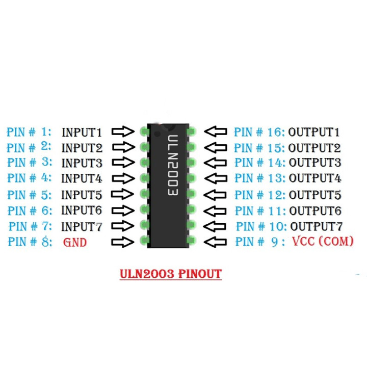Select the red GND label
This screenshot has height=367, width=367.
[x=75, y=242]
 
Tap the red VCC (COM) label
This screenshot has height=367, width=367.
[x=323, y=241]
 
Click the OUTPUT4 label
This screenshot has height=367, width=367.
[x=315, y=178]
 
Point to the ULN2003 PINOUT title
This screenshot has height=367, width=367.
[x=170, y=274]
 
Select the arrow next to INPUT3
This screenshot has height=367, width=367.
[x=123, y=163]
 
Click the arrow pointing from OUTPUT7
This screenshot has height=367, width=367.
[x=215, y=226]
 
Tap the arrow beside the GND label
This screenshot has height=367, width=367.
[x=123, y=242]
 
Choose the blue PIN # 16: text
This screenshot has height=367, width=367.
[x=259, y=133]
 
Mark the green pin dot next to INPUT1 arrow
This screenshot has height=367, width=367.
[x=144, y=132]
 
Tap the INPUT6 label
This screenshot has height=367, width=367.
[x=82, y=210]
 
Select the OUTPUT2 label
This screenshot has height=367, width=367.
[x=314, y=148]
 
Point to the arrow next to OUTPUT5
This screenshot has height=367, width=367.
[x=215, y=195]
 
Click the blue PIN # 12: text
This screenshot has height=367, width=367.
[x=259, y=195]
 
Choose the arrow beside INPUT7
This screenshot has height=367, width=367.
[x=123, y=226]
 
